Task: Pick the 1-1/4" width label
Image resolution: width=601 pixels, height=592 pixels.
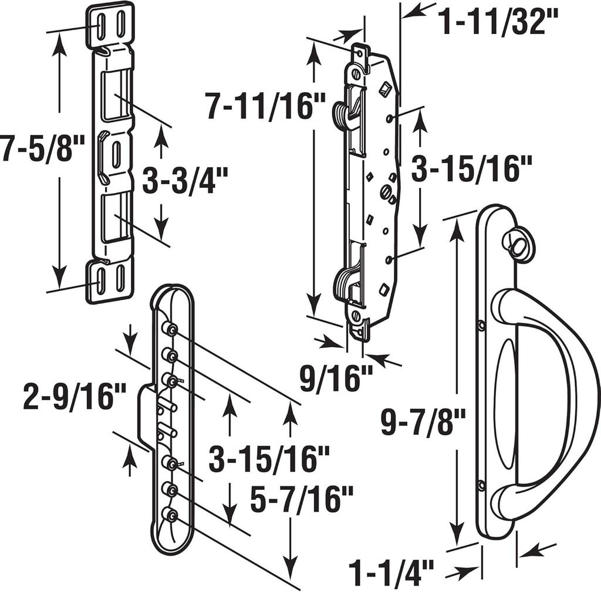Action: point(391,571)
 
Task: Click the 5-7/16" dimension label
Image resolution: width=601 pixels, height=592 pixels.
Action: point(302,500)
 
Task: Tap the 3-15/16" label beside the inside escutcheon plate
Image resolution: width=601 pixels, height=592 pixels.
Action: point(271,458)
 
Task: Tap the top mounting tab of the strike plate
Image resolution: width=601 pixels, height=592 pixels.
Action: point(110,24)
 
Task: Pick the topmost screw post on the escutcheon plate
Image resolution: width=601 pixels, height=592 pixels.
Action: point(171,329)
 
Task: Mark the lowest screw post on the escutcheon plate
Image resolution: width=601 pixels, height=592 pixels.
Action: point(171,515)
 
